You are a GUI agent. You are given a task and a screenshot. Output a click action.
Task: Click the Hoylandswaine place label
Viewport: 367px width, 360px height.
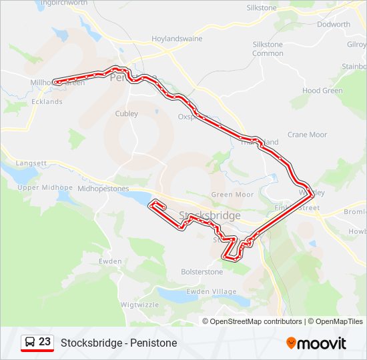177,39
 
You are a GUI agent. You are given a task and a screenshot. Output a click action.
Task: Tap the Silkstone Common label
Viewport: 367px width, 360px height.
268,49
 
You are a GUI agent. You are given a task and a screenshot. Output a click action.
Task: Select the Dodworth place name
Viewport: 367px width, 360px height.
334,25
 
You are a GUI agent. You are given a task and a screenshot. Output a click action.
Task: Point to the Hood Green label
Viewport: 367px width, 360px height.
322,91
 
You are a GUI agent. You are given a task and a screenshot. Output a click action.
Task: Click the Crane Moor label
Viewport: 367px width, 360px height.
307,135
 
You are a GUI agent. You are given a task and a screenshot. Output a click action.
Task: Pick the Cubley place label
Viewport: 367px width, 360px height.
127,114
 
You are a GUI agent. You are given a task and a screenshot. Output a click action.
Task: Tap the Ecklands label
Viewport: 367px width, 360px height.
47,102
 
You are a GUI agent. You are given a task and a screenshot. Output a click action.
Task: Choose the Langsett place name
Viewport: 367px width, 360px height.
31,163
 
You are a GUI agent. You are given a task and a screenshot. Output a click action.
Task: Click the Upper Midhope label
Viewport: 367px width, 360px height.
44,188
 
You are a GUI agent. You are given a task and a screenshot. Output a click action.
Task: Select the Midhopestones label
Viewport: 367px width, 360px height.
103,189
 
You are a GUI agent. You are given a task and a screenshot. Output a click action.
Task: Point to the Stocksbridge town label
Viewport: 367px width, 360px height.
210,215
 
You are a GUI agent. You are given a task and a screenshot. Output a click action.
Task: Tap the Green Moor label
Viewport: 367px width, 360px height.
232,195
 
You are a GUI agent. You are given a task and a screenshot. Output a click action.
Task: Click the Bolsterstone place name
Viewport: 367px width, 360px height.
202,272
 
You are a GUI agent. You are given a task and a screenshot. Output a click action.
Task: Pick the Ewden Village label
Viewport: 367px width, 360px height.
212,292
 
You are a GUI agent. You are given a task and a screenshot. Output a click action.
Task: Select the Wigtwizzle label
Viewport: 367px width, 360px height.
140,305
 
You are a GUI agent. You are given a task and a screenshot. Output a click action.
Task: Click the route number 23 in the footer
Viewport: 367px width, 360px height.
45,342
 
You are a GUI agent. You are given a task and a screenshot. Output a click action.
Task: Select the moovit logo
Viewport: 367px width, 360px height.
316,343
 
